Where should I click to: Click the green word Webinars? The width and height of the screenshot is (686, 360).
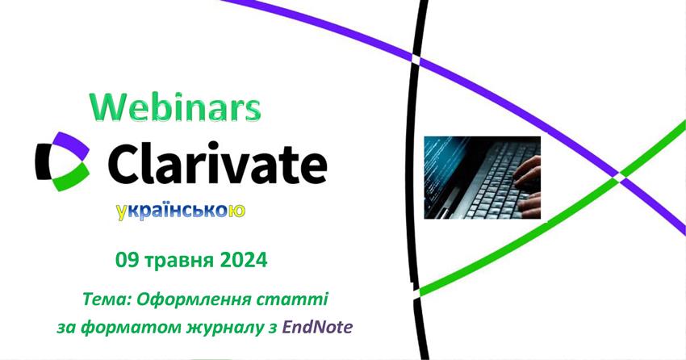pos(175,107)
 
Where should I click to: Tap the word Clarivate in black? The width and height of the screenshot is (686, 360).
pos(217,162)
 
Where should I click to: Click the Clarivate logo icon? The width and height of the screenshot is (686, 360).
pos(63,161)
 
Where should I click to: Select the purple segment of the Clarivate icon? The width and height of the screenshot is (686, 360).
pos(72,144)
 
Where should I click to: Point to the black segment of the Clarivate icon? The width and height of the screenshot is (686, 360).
pos(44,161)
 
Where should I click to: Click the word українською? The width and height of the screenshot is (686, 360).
pos(181,211)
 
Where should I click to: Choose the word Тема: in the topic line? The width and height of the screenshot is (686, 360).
pos(107,300)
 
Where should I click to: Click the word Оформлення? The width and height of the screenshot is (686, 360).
pos(190,301)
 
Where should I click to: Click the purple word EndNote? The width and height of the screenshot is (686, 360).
pos(318,327)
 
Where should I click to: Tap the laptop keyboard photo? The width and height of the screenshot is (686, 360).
pos(482,178)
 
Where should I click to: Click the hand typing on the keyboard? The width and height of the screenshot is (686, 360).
pos(527,186)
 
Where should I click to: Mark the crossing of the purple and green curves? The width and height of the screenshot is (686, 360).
pos(620,174)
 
